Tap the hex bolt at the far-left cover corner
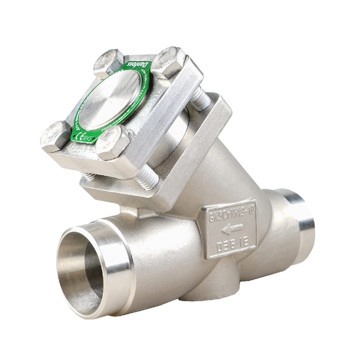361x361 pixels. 55,136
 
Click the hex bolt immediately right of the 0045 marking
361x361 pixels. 114,143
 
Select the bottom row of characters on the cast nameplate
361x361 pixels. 231,246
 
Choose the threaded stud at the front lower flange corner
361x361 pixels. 147,177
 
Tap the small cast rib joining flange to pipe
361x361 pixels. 128,211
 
